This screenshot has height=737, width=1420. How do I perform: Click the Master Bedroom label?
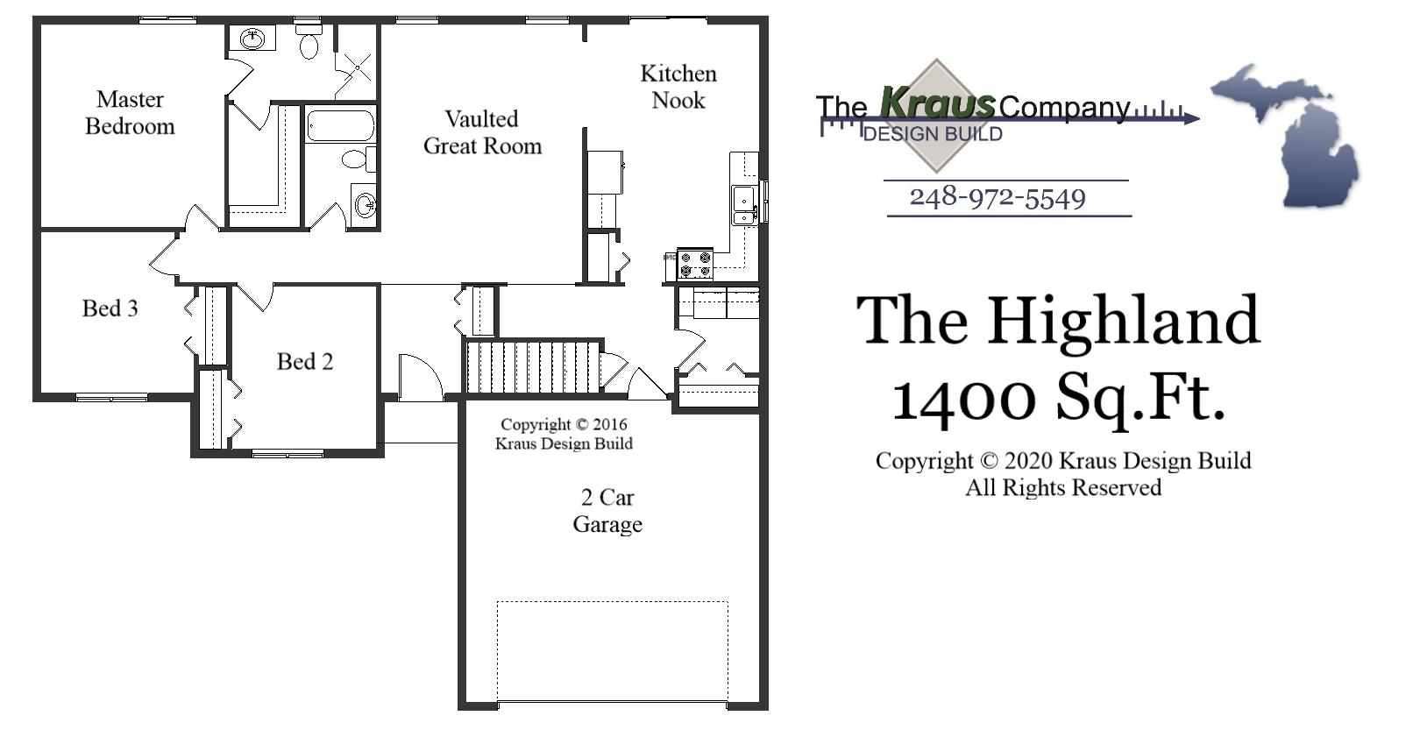point(130,113)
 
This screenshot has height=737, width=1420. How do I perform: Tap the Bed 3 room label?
point(110,308)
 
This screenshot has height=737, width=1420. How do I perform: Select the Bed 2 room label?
point(305,362)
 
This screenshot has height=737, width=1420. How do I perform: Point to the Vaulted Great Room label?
point(482,132)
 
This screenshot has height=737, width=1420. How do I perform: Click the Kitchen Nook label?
point(678,87)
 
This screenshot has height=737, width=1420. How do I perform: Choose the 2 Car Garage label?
point(607,511)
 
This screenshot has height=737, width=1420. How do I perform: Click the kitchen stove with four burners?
point(695,264)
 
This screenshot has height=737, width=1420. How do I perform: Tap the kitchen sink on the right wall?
point(744,205)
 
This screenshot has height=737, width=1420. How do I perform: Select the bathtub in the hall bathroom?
point(340,124)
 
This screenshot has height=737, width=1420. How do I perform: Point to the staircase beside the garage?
point(532,367)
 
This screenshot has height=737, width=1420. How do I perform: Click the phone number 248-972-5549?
point(998,198)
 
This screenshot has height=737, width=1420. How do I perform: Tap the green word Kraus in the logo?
point(937,103)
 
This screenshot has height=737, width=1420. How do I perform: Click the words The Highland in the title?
point(1058,321)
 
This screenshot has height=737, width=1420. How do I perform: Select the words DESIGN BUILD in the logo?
point(933,134)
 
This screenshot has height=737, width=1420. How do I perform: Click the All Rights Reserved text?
point(1063,488)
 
